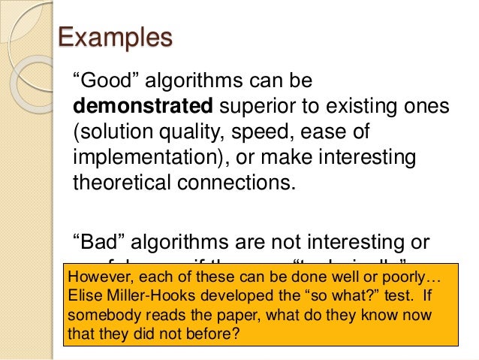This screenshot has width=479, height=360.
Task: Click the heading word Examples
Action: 115,38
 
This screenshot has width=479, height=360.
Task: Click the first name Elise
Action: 84,295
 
